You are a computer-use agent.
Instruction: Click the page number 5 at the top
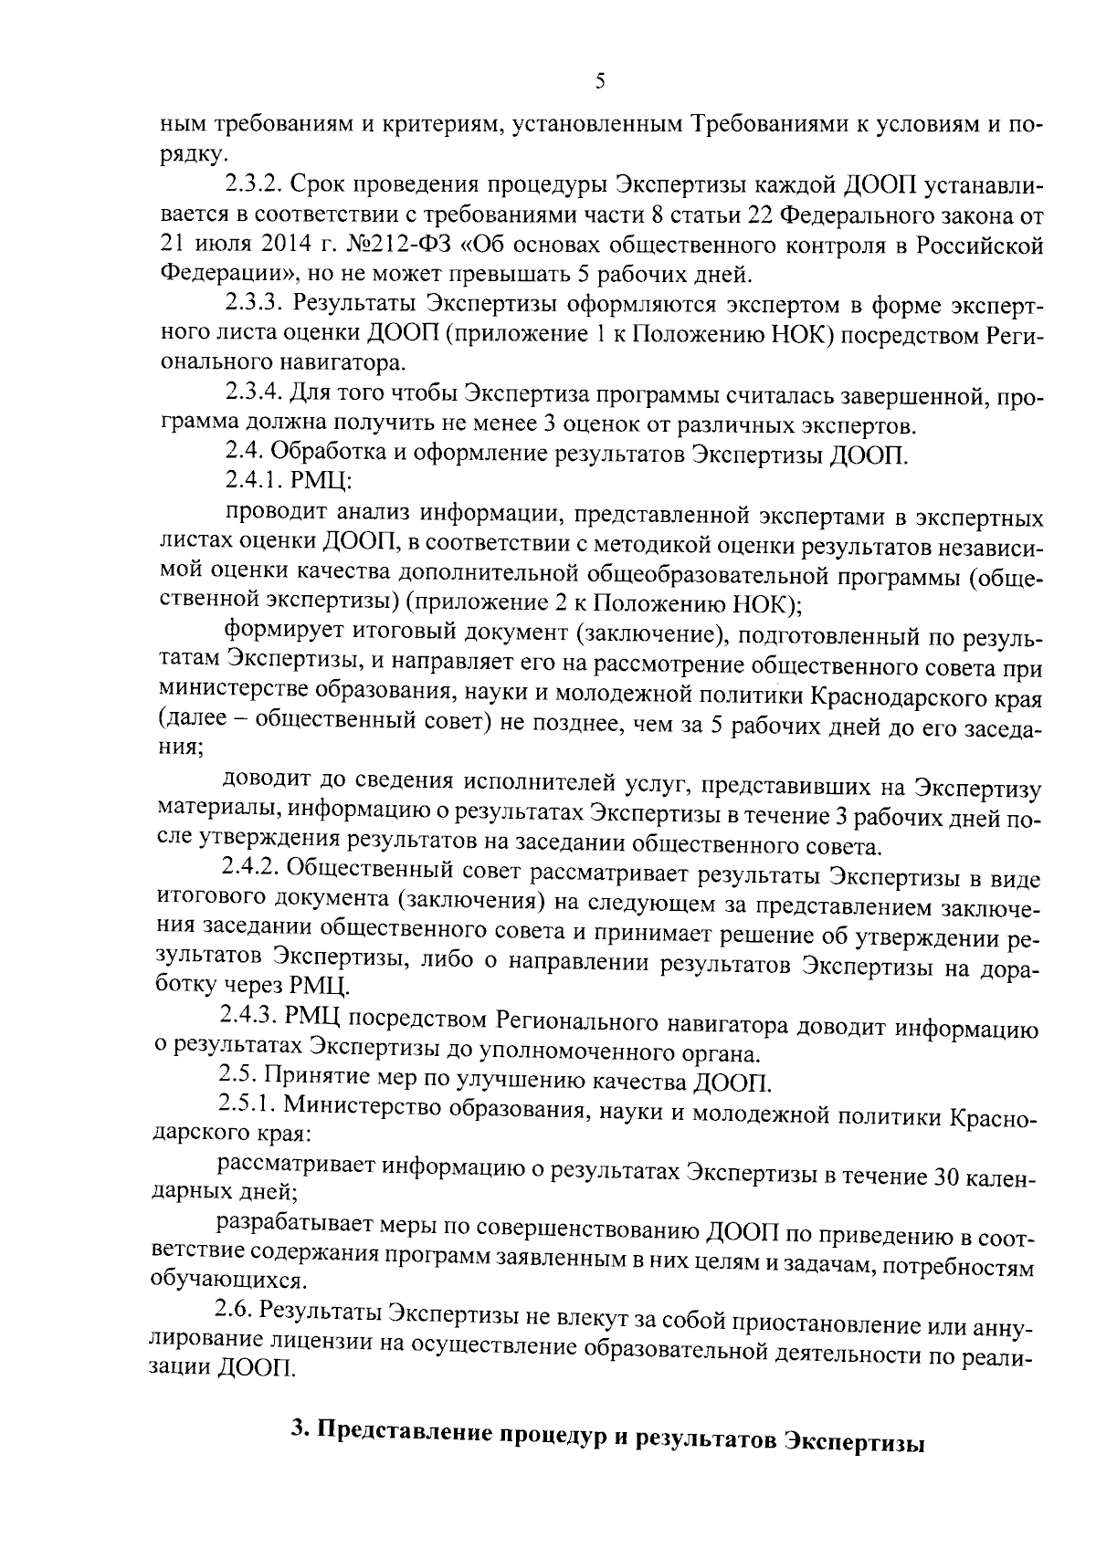600,81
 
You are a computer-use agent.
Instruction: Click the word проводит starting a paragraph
270,518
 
